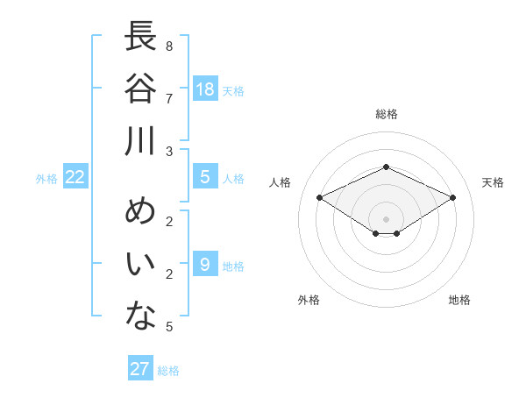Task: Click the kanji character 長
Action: pyautogui.click(x=140, y=36)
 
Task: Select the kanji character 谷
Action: pyautogui.click(x=140, y=88)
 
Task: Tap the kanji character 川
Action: pyautogui.click(x=139, y=141)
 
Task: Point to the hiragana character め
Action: pyautogui.click(x=140, y=210)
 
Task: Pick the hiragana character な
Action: pyautogui.click(x=140, y=316)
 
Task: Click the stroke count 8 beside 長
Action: pyautogui.click(x=169, y=46)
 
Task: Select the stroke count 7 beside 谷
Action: pyautogui.click(x=169, y=99)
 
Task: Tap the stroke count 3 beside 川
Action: pyautogui.click(x=169, y=152)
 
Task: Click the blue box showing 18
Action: pyautogui.click(x=205, y=89)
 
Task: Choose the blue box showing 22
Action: pyautogui.click(x=75, y=176)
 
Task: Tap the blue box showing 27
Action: pyautogui.click(x=140, y=367)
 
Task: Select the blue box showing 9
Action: pyautogui.click(x=205, y=263)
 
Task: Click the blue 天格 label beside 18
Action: pyautogui.click(x=233, y=91)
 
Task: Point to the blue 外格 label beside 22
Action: pyautogui.click(x=46, y=179)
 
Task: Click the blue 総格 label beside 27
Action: pyautogui.click(x=168, y=371)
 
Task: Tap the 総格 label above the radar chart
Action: pyautogui.click(x=387, y=114)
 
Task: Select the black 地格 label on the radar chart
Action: pyautogui.click(x=459, y=300)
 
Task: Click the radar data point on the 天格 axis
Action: pyautogui.click(x=452, y=197)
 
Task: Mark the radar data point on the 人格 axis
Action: pyautogui.click(x=320, y=197)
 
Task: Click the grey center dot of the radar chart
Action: pyautogui.click(x=386, y=219)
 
